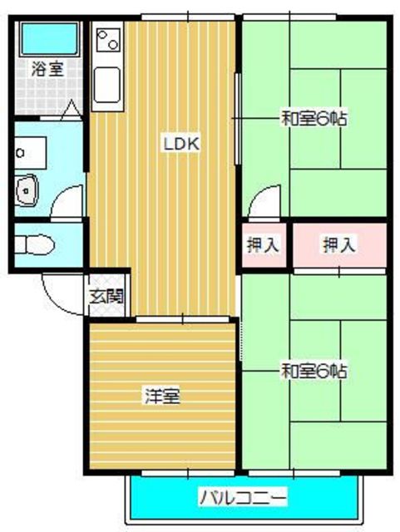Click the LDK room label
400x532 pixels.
tap(180, 144)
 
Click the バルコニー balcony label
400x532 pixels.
tap(242, 499)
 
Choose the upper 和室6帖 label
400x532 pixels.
tap(313, 119)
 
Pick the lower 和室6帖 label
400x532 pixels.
tap(313, 368)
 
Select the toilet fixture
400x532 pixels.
tap(34, 245)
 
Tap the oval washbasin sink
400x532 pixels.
tap(28, 190)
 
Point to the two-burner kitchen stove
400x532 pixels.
tap(109, 39)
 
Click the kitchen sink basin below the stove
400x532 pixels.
tap(109, 83)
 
